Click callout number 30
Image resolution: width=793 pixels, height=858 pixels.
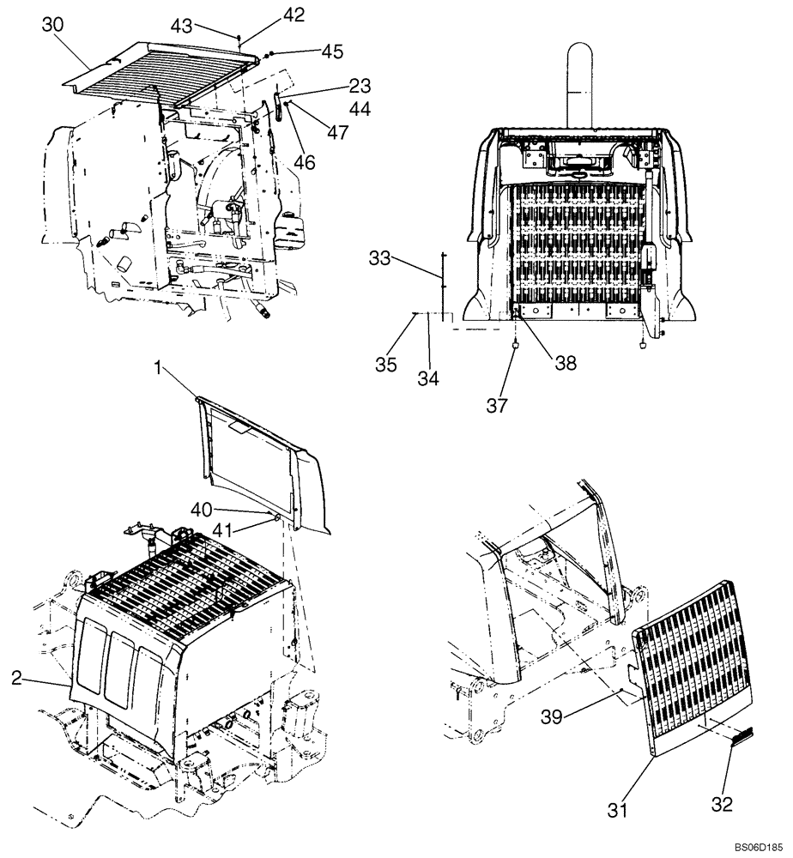[x=52, y=26]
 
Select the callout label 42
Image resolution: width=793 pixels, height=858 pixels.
[x=269, y=15]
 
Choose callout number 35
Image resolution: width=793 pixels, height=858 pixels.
[x=385, y=365]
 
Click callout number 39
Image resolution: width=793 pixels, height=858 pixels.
[x=552, y=716]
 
